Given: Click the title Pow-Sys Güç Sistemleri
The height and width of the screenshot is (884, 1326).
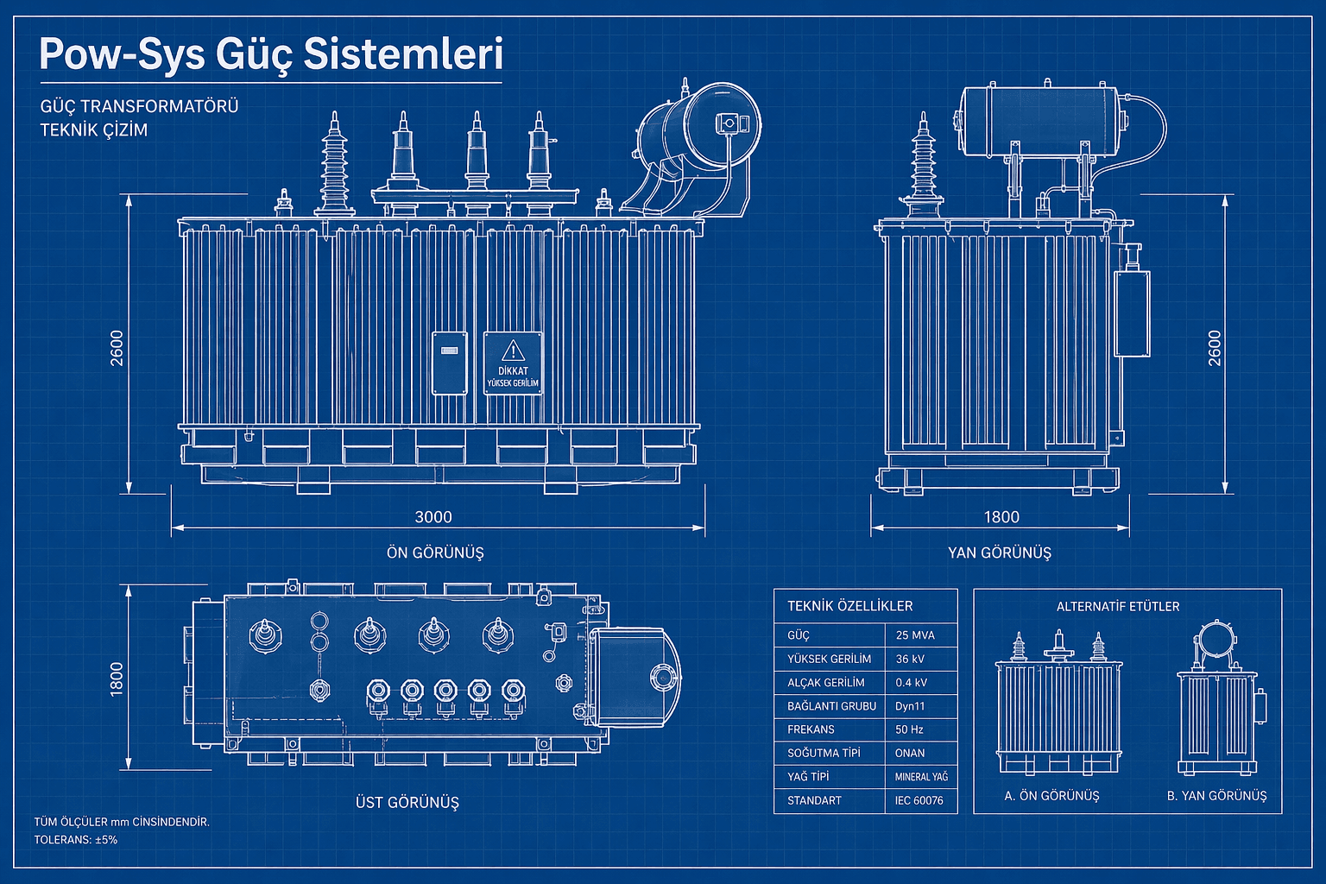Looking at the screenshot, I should coord(270,54).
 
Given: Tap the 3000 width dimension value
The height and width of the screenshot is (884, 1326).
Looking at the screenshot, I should coord(433,517).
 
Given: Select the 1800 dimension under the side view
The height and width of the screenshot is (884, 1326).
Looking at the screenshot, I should coord(1001,517).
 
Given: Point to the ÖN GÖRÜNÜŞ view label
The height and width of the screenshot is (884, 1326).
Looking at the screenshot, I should coord(435,552).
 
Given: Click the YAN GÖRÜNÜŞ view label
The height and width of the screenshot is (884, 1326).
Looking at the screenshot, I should coord(1000,552).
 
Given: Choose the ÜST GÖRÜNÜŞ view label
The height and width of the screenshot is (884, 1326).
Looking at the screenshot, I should coord(407,802).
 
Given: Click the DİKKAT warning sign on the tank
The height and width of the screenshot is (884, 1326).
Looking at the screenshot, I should coord(513,363).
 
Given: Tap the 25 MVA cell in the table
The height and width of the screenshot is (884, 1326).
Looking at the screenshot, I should coord(915,635).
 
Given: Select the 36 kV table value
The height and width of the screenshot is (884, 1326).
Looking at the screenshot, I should coord(910,659).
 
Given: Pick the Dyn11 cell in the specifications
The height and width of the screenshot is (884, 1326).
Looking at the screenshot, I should coord(910,706).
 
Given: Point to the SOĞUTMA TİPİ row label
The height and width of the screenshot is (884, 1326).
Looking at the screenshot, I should coord(824,753).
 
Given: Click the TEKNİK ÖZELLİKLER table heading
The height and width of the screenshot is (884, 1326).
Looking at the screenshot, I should coord(849,606).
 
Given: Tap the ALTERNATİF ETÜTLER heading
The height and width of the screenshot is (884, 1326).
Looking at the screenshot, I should coord(1118,606).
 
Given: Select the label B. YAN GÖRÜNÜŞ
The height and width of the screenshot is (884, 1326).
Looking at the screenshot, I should coord(1217,796).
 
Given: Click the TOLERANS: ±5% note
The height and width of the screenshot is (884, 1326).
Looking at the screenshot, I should coord(76,839).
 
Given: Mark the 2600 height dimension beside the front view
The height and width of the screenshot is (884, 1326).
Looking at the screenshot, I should coord(117,347).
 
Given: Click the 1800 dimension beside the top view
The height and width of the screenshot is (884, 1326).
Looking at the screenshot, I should coord(117,679).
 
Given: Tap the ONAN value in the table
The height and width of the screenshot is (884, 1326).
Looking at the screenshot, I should coord(910,753).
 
